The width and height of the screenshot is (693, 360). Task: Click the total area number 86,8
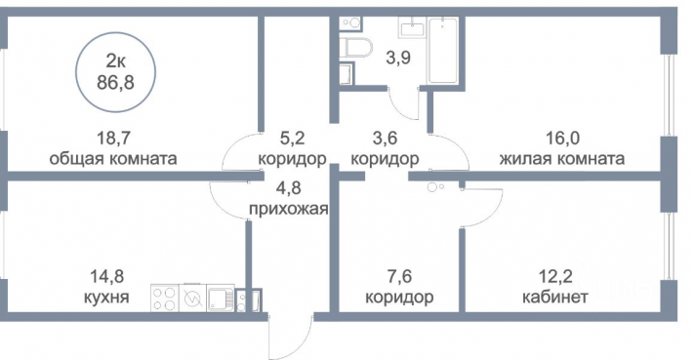[115, 82]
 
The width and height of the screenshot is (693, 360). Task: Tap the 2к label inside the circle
[115, 61]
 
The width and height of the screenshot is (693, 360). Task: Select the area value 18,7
[113, 139]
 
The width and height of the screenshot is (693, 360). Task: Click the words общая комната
[113, 158]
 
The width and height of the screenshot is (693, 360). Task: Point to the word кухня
[106, 297]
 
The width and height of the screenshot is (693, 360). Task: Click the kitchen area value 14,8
[107, 277]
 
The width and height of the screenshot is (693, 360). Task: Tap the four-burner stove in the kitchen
[165, 298]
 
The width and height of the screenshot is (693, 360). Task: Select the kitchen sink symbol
[221, 298]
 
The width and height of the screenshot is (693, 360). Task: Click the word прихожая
[289, 208]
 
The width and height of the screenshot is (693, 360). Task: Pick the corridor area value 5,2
[292, 139]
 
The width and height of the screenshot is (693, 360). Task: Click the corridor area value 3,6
[385, 139]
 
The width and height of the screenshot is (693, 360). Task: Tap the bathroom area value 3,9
[398, 58]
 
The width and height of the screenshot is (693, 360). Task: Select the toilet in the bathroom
[357, 48]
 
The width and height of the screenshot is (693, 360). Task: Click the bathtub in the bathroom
[443, 51]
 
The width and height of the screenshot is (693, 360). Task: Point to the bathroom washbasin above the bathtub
[412, 29]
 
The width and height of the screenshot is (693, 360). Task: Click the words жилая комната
[562, 158]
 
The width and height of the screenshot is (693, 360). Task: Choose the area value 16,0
[562, 139]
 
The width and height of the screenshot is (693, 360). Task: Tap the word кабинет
[555, 297]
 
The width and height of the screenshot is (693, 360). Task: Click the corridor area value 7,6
[399, 277]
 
